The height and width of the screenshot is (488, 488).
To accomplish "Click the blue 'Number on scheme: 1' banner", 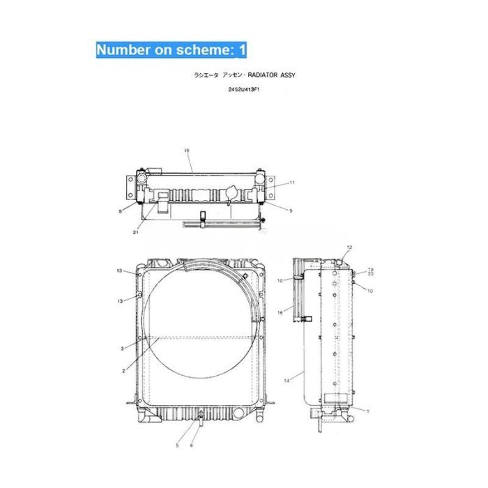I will pos(170,49).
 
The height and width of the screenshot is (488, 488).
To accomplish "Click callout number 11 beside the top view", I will pos(291,183).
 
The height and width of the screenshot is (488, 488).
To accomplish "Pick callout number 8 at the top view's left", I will pos(120,210).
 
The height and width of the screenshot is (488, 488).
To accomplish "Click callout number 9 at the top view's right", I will pos(291,209).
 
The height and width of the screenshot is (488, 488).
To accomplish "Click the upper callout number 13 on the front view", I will pos(119,270).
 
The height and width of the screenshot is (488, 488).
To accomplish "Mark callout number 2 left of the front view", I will pos(123,370).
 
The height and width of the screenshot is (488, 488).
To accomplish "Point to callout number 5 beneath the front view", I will pos(178,444).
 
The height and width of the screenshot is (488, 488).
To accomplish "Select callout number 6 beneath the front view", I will pos(193,444).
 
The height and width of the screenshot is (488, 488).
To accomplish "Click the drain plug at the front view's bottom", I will pos(199,418).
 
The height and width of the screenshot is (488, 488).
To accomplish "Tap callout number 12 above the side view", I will pos(350,247).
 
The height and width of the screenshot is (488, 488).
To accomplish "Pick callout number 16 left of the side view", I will pos(280,312).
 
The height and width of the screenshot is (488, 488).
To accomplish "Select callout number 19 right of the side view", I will pos(370,269).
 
